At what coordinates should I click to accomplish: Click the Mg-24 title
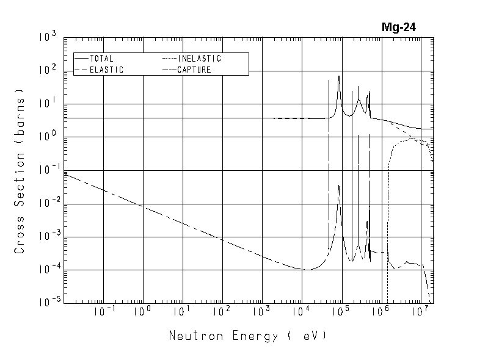(x=398, y=27)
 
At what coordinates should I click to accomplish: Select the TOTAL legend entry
(x=101, y=59)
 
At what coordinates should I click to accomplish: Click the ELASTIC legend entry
(x=106, y=70)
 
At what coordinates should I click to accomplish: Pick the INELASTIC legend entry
(x=199, y=59)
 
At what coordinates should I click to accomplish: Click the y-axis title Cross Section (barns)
(x=20, y=175)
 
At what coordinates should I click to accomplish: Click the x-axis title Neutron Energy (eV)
(x=247, y=336)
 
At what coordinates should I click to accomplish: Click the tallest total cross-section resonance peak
(x=339, y=77)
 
